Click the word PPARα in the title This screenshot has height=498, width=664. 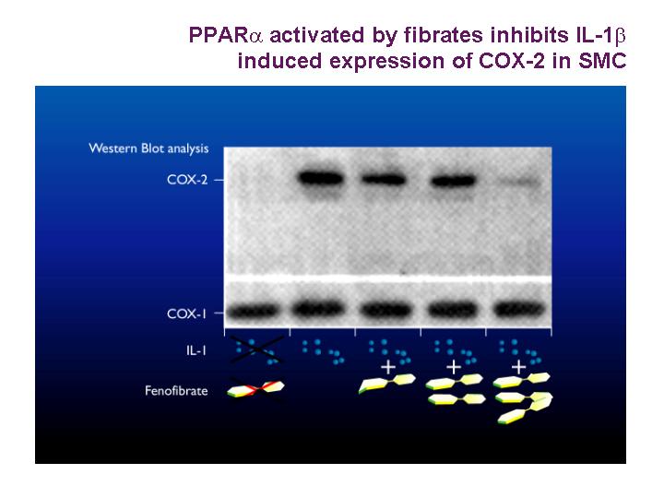pos(226,35)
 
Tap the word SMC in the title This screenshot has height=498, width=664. pos(602,61)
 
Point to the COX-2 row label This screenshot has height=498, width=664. pos(187,180)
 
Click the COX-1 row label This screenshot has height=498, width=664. pos(186,314)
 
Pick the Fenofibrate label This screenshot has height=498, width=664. pos(176,390)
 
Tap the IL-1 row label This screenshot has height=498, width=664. pos(196,350)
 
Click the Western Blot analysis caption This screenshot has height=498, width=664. pos(148,148)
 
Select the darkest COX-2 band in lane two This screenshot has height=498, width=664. pos(321,178)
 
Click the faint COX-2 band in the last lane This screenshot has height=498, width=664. pos(519,182)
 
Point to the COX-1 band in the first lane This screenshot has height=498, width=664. pos(254,312)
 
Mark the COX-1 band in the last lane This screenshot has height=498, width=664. pos(519,310)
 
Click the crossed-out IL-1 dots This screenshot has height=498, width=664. pos(256,350)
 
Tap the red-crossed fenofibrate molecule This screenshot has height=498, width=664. pos(255,389)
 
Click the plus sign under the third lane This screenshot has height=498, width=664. pos(388,367)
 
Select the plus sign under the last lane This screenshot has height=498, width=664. pos(519,367)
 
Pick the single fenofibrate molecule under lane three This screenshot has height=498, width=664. pos(386,384)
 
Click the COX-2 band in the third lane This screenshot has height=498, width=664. pos(384,180)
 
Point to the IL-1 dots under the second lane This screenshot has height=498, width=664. pos(323,351)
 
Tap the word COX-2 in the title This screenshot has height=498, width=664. pos(512,61)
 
